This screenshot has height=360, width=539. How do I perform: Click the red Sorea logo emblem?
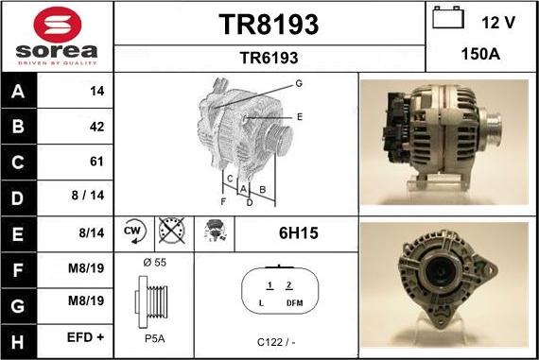58,25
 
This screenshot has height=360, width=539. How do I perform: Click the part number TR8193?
269,25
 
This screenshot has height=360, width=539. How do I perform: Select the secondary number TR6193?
269,58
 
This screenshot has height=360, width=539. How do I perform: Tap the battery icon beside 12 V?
448,18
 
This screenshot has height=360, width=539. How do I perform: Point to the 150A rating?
480,54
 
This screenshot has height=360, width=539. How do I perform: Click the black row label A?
18,92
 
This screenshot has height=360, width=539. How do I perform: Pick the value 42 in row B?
96,127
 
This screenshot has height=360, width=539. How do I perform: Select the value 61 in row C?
96,162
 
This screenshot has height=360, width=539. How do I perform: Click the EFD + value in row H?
85,337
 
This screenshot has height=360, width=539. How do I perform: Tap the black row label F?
18,270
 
